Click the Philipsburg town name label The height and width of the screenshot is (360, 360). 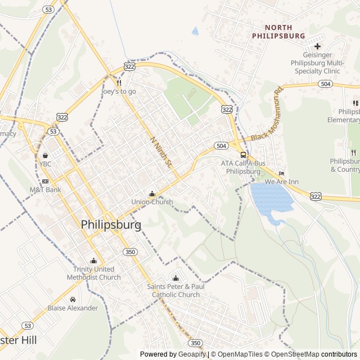pos(111,224)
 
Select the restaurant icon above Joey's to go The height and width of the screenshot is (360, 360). pos(119,82)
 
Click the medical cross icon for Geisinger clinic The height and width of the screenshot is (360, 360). pos(317,46)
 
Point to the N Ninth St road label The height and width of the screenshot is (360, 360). pos(160,152)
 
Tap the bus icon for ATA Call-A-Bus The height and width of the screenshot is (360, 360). pos(243,155)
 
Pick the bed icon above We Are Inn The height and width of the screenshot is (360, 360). pos(281,173)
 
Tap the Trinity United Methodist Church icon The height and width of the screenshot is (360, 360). pos(93,260)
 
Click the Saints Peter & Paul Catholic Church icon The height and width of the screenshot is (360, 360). pos(175,278)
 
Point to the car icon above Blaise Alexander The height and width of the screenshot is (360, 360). pos(73,299)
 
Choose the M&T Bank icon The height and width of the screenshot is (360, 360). pos(45,181)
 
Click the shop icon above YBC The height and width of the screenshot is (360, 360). pos(45,155)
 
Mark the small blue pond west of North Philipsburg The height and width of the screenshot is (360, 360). pos(195,31)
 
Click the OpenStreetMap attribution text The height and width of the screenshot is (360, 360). pos(295,354)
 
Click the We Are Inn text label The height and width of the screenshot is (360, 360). pos(281,182)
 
